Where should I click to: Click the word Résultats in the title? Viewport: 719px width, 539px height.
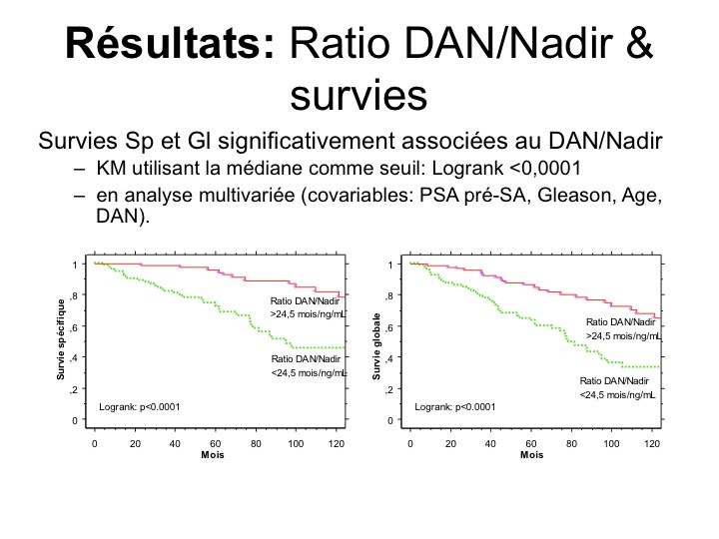click(170, 43)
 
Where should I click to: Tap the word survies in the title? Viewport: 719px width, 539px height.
click(359, 96)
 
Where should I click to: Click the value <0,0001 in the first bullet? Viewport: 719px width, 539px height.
click(545, 169)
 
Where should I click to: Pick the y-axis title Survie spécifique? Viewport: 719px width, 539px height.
click(61, 339)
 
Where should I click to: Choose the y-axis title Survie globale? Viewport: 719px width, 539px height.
click(376, 346)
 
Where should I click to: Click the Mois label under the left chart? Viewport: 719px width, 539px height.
click(213, 455)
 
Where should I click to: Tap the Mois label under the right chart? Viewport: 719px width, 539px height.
click(531, 455)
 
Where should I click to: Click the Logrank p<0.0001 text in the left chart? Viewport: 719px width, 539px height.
click(140, 407)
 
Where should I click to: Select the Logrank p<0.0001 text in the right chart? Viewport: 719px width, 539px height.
click(455, 407)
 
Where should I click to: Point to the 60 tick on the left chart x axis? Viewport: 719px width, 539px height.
click(215, 443)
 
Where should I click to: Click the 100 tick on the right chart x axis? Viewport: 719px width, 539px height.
click(611, 443)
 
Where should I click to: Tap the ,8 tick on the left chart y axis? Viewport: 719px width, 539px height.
click(74, 295)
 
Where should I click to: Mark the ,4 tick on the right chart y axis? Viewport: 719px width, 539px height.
click(389, 358)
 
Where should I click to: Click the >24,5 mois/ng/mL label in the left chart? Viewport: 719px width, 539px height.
click(308, 314)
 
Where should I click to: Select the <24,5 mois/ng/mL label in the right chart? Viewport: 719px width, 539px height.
click(617, 394)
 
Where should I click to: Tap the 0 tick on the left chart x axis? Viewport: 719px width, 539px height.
click(95, 443)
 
